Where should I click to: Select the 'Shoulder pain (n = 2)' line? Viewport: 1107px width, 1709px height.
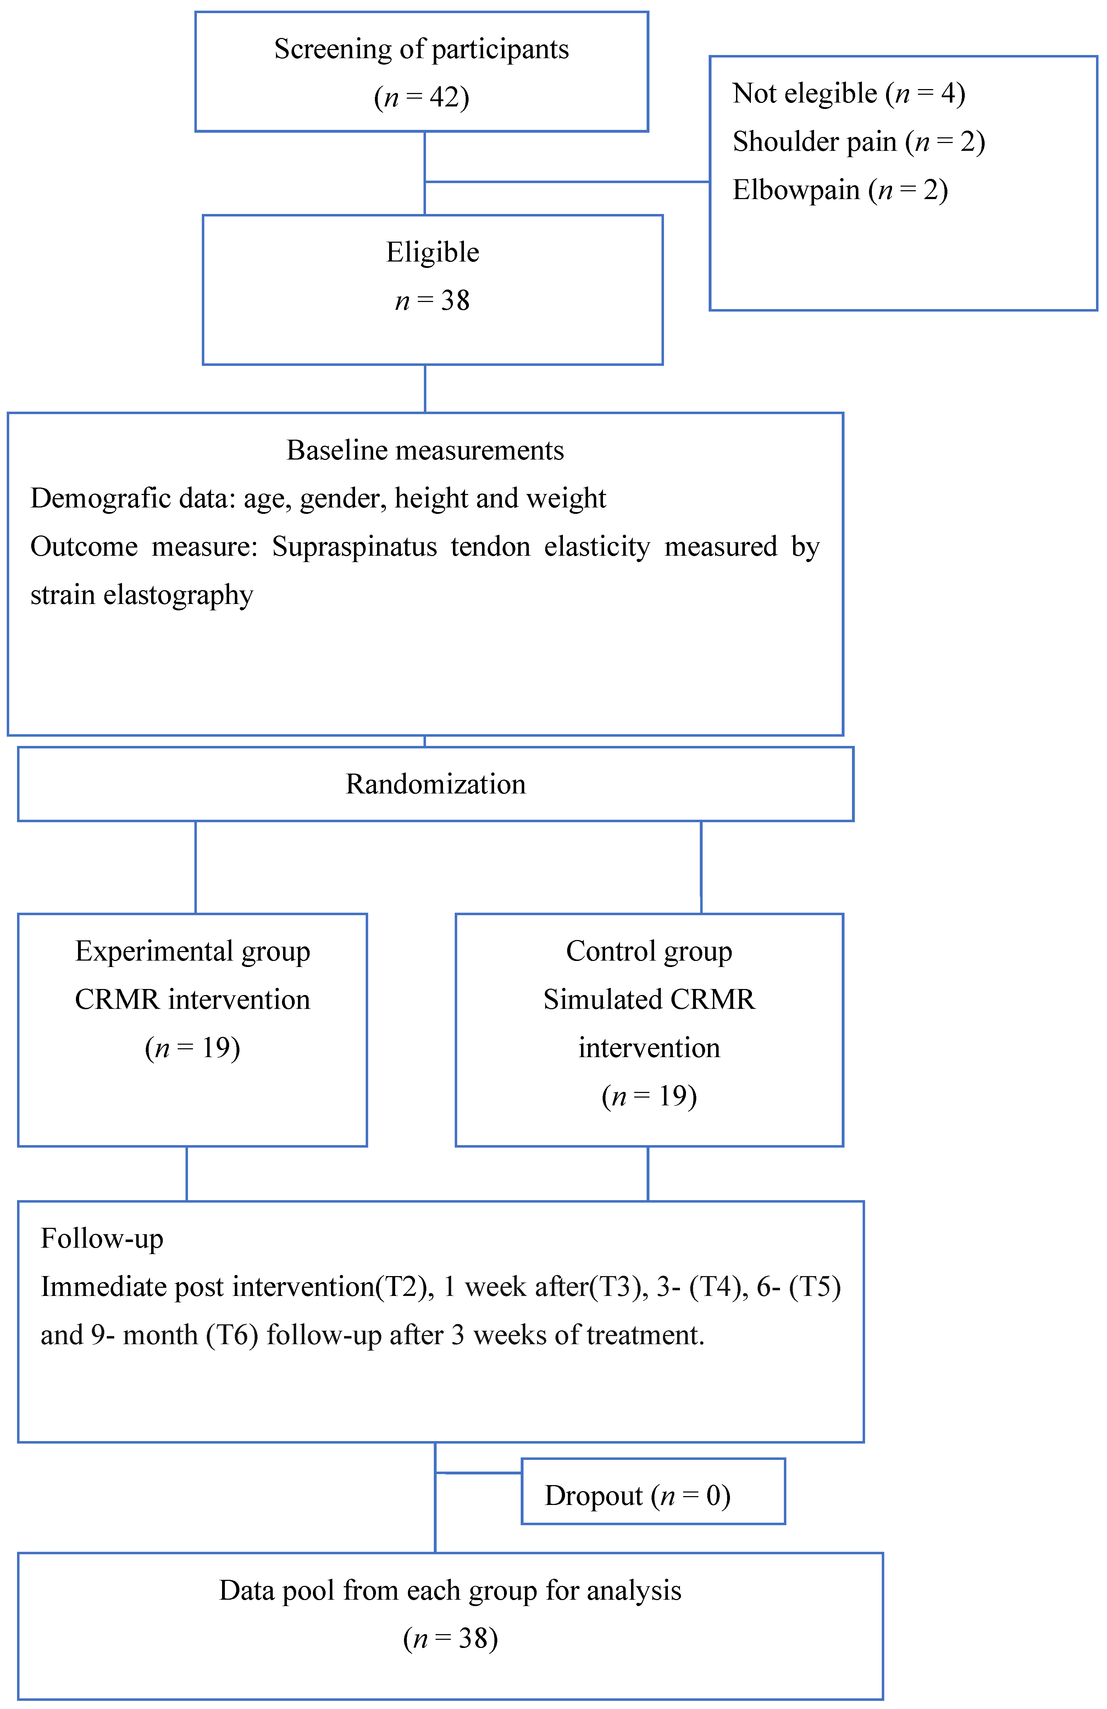(858, 142)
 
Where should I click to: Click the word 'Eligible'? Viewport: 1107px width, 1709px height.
(432, 253)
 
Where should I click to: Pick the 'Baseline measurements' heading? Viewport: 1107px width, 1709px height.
(425, 450)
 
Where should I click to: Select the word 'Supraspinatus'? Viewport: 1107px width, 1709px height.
(354, 546)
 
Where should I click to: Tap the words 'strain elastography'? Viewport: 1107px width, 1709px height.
(142, 595)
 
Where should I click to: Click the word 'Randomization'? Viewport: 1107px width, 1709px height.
(435, 784)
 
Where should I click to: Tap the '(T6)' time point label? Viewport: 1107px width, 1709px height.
(232, 1335)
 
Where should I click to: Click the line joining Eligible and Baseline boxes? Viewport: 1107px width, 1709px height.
(425, 389)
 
